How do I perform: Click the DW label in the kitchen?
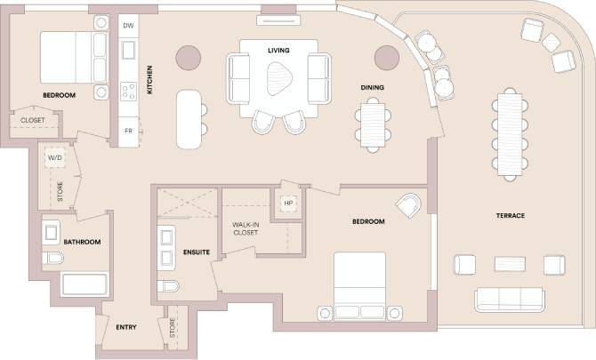click(x=128, y=26)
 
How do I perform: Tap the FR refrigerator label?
click(x=128, y=132)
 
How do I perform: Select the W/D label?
click(x=54, y=161)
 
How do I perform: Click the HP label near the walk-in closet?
click(x=287, y=203)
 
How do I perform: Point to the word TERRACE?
click(x=510, y=216)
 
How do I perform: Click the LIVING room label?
click(x=278, y=50)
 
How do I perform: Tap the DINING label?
click(x=372, y=87)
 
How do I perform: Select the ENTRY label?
click(x=126, y=328)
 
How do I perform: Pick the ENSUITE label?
click(x=197, y=252)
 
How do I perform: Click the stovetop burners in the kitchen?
click(x=128, y=90)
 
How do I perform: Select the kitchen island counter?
click(x=188, y=118)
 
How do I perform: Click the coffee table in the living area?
click(x=278, y=77)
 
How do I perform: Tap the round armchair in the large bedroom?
click(x=410, y=205)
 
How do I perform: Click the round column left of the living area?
click(x=189, y=57)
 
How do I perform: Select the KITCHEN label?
click(x=150, y=80)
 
